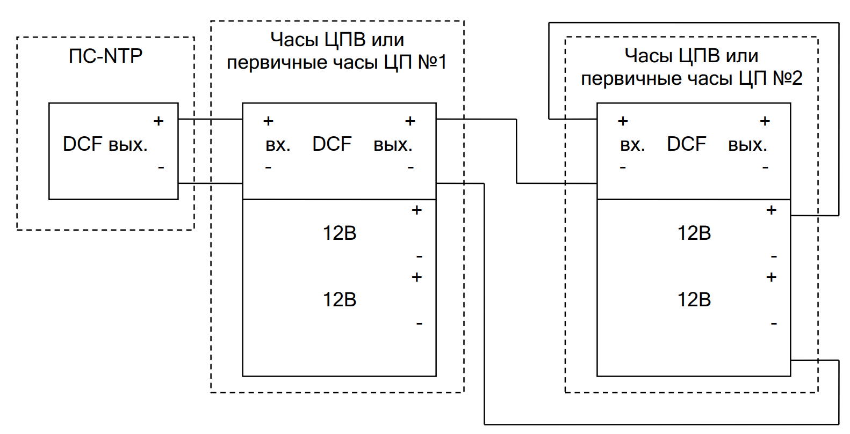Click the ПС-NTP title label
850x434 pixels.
click(105, 56)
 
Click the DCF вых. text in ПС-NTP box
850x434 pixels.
click(105, 144)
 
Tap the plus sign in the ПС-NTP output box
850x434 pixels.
click(159, 121)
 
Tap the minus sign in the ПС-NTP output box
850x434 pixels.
click(161, 168)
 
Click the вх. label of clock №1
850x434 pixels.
click(278, 145)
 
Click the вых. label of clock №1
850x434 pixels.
click(393, 145)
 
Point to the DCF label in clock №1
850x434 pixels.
click(332, 144)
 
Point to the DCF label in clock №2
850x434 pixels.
click(687, 144)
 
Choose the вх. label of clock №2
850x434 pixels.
click(632, 145)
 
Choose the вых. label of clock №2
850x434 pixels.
click(747, 145)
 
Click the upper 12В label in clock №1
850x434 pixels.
click(340, 233)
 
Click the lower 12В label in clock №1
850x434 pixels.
click(340, 300)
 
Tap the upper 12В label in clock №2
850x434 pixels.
click(694, 233)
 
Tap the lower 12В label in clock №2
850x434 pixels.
click(694, 300)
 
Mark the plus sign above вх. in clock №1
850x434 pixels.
click(269, 121)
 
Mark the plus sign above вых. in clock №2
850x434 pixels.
click(765, 121)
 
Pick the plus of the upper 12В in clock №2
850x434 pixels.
click(772, 210)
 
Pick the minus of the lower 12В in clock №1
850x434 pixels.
click(419, 324)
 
